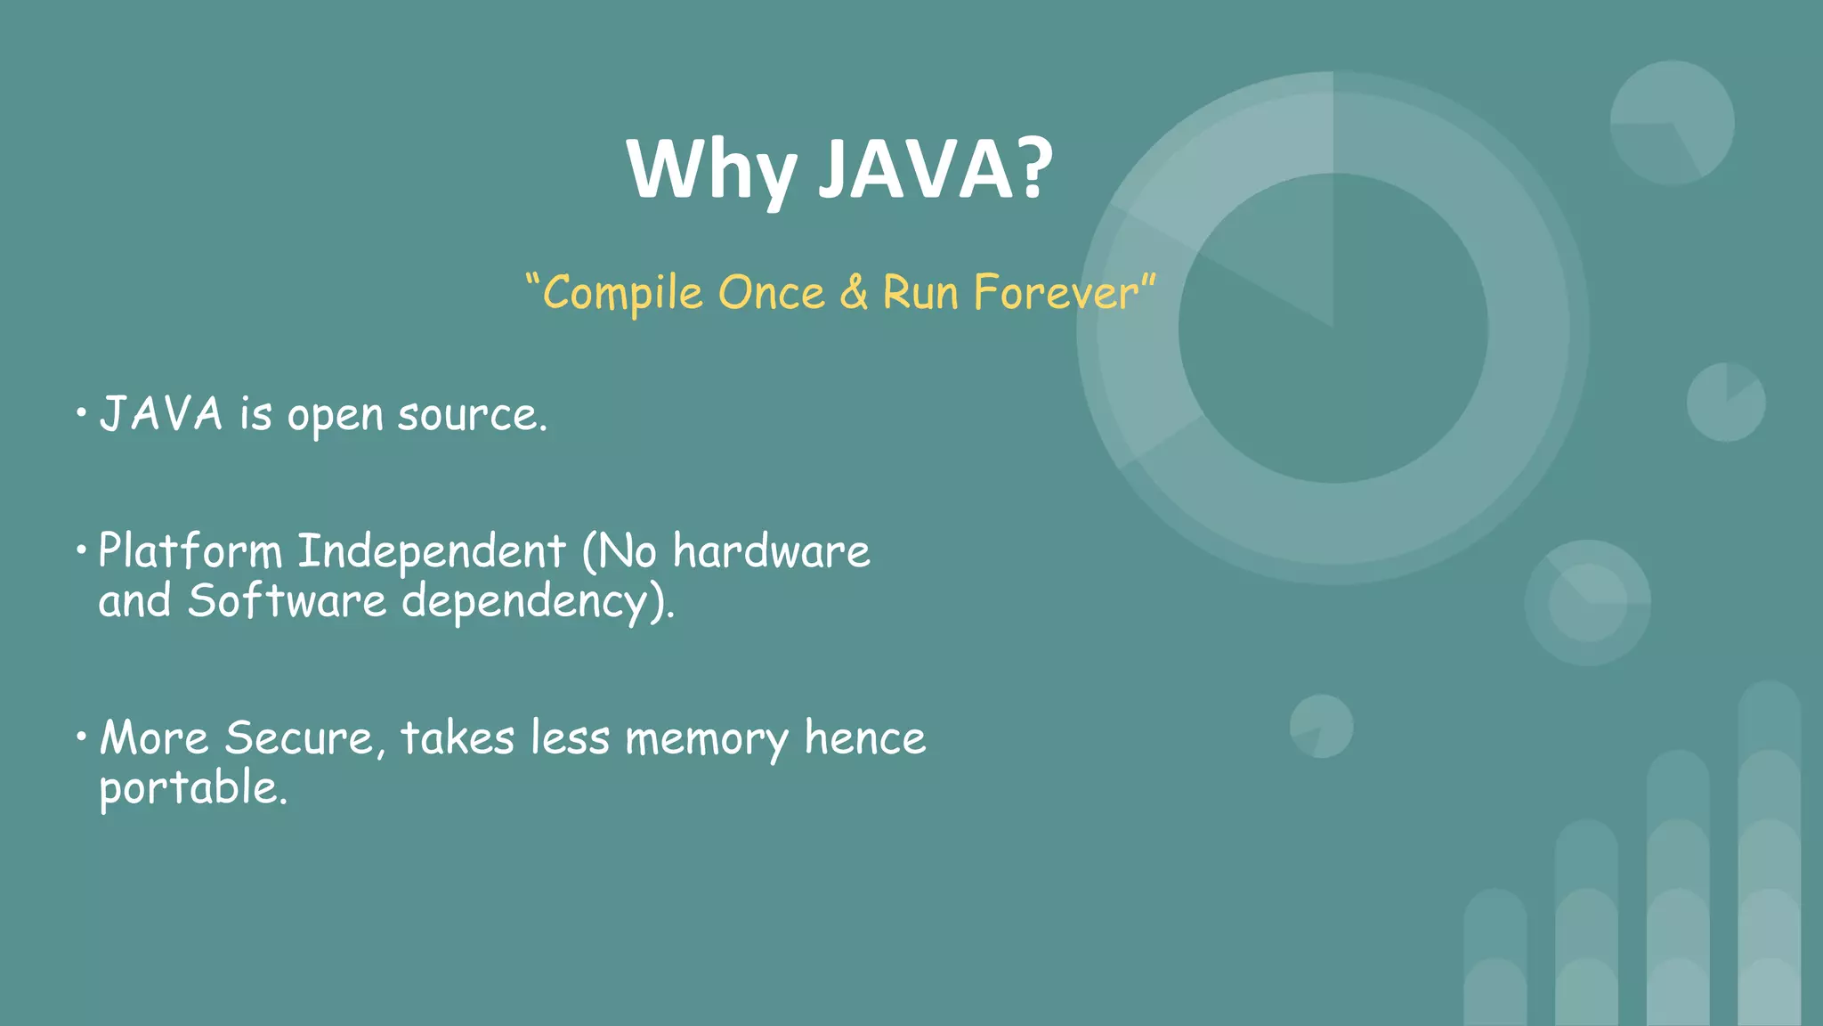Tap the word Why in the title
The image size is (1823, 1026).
710,171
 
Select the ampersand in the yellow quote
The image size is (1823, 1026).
854,293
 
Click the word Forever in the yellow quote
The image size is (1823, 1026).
1056,293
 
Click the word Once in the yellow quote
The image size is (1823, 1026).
772,293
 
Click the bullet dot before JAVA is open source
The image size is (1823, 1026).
81,413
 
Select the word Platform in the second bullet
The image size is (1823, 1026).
190,551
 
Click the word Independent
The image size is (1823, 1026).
432,551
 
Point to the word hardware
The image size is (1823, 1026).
771,551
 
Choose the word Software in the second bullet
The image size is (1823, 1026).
287,601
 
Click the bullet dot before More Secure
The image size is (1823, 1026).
81,736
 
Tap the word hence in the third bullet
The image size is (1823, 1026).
865,738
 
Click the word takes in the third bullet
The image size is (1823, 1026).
458,738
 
